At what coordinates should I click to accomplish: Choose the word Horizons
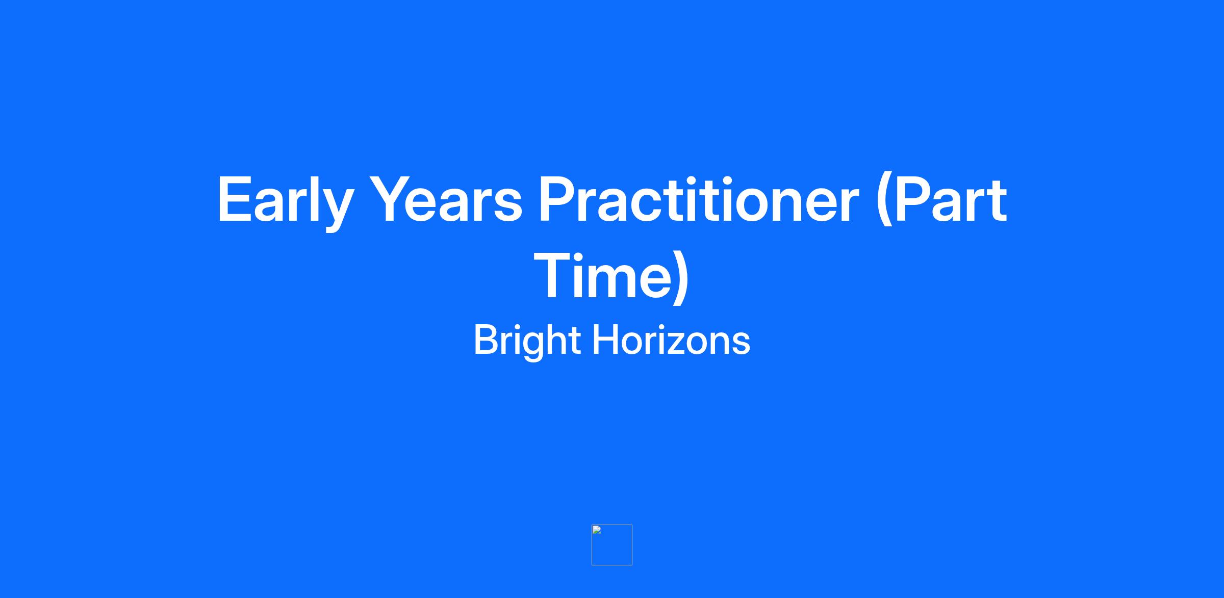click(x=671, y=340)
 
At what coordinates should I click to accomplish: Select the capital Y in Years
click(x=393, y=199)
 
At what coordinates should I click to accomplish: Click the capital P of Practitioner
click(x=558, y=199)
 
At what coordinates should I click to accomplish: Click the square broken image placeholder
click(x=612, y=545)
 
